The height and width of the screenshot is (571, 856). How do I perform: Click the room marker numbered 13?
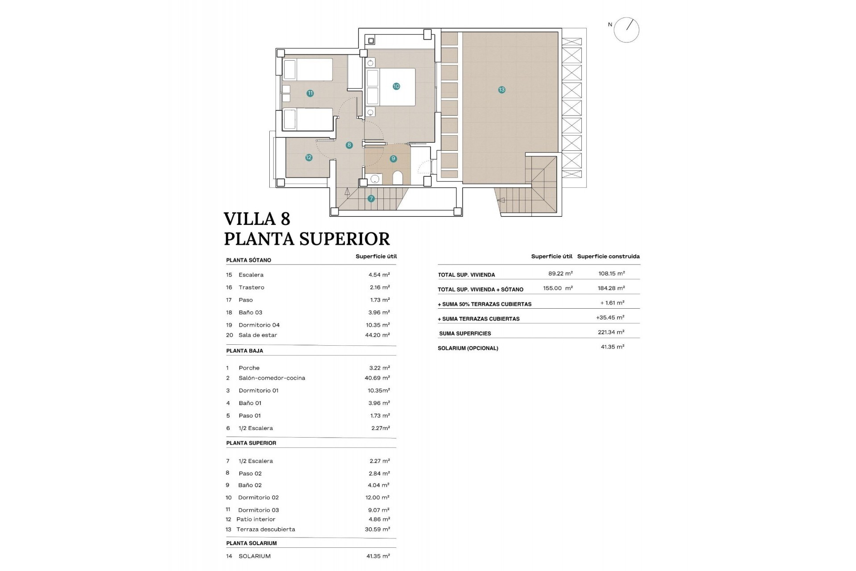pyautogui.click(x=502, y=90)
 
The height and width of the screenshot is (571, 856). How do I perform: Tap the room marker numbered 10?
pyautogui.click(x=396, y=86)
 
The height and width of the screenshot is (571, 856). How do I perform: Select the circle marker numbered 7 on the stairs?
pyautogui.click(x=371, y=199)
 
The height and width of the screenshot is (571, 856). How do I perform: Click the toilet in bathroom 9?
pyautogui.click(x=398, y=178)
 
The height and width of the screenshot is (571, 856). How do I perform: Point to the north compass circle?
pyautogui.click(x=626, y=30)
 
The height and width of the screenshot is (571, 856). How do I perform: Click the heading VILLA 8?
pyautogui.click(x=257, y=219)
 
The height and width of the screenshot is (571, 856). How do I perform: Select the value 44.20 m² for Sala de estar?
pyautogui.click(x=377, y=335)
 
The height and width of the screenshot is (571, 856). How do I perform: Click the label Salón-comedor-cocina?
pyautogui.click(x=272, y=378)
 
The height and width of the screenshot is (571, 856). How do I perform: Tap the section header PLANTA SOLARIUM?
pyautogui.click(x=251, y=543)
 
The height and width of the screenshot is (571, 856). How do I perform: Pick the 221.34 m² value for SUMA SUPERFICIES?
pyautogui.click(x=611, y=332)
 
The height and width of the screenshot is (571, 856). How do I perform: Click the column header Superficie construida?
pyautogui.click(x=608, y=257)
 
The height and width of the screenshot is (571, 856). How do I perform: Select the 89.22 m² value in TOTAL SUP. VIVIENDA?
pyautogui.click(x=560, y=273)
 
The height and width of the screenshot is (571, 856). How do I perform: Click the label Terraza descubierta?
pyautogui.click(x=265, y=530)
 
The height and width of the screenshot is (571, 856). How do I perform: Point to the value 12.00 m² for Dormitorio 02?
pyautogui.click(x=377, y=497)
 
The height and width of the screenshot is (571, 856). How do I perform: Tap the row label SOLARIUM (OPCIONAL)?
pyautogui.click(x=468, y=348)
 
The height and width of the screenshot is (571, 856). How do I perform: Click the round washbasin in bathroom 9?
pyautogui.click(x=375, y=179)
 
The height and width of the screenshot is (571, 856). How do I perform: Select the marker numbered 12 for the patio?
pyautogui.click(x=309, y=157)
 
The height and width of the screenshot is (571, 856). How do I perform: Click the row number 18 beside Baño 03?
pyautogui.click(x=229, y=312)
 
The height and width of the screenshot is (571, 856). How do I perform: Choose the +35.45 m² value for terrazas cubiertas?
pyautogui.click(x=610, y=318)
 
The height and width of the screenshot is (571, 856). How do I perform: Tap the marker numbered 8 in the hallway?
pyautogui.click(x=349, y=145)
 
